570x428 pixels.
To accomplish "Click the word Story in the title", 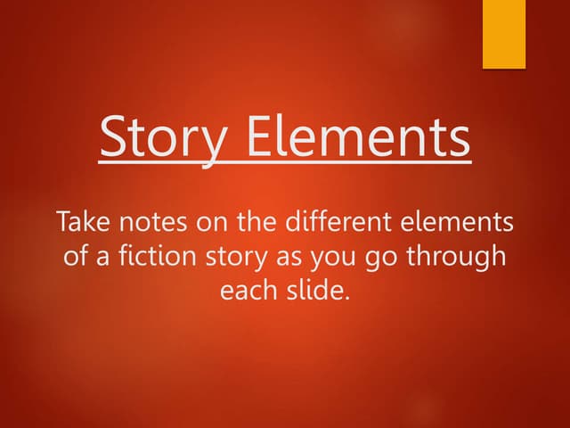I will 165,139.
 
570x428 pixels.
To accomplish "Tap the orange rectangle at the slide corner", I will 504,34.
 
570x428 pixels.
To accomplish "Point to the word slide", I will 312,291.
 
